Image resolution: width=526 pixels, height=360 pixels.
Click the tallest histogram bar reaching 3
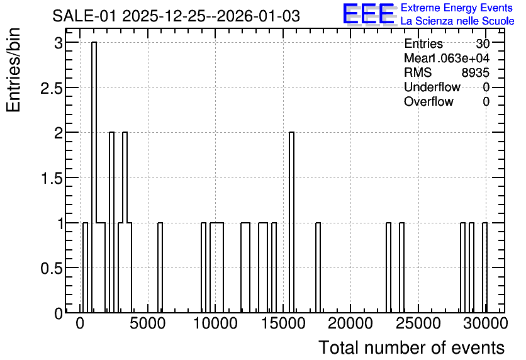(x=94, y=177)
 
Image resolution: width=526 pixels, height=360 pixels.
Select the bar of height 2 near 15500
(x=291, y=222)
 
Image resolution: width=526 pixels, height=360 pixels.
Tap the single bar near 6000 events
(x=160, y=267)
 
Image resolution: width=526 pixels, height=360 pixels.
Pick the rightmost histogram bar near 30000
(x=484, y=267)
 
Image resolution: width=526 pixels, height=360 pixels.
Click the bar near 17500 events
(x=318, y=267)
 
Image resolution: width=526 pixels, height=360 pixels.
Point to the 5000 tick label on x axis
(x=148, y=323)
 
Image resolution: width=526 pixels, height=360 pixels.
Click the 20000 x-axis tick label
(x=350, y=323)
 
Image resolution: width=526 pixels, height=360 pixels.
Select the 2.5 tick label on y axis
(x=52, y=88)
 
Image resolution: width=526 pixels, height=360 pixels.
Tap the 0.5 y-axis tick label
(x=52, y=268)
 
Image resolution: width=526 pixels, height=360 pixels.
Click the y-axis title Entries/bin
(x=13, y=70)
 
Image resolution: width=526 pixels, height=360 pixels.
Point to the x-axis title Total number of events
(x=411, y=347)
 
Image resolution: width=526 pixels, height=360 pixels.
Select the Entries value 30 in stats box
(x=483, y=43)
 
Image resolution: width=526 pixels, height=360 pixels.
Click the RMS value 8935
(x=475, y=72)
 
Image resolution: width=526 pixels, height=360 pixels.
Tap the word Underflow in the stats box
(x=432, y=87)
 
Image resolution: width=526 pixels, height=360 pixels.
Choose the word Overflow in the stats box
(x=428, y=101)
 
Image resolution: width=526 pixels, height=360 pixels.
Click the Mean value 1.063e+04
(x=459, y=58)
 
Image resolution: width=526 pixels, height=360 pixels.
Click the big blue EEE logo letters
(x=369, y=14)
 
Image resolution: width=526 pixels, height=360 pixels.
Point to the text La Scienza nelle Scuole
(x=457, y=21)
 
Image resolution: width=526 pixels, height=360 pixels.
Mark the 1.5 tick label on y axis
(x=52, y=178)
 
